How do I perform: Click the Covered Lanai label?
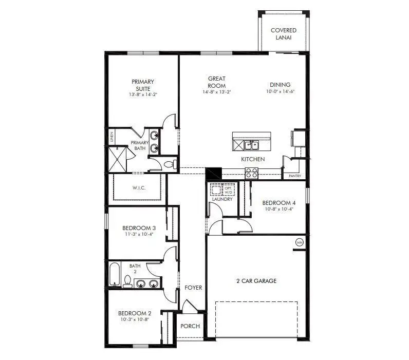tap(284, 34)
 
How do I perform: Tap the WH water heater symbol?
tap(299, 242)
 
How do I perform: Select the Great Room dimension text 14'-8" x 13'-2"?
tap(216, 92)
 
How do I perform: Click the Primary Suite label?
tap(142, 85)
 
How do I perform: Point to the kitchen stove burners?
tap(251, 173)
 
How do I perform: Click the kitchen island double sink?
tap(251, 145)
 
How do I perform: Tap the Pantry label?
tap(295, 176)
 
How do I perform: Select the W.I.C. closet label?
tap(139, 188)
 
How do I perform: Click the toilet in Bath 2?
tap(127, 280)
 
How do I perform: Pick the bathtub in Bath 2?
tap(114, 274)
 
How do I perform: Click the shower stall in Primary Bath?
tap(117, 160)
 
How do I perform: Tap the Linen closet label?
tap(111, 137)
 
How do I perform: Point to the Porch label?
tap(190, 326)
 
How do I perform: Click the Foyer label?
tap(193, 288)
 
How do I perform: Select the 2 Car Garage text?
tap(256, 281)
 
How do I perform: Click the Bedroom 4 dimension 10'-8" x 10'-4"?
tap(278, 209)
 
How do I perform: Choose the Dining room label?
tap(280, 85)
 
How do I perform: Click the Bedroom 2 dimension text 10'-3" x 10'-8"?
tap(135, 319)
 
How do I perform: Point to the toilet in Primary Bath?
tap(169, 164)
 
